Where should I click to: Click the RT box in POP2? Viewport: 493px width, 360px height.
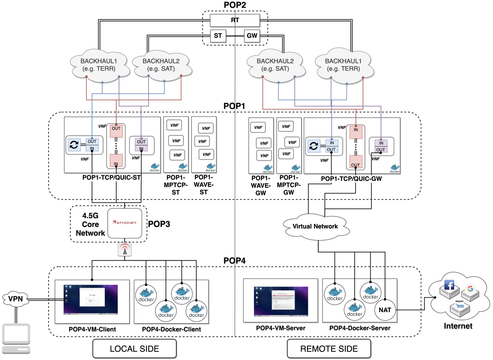pos(235,20)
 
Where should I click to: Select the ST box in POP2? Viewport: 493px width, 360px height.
pos(218,36)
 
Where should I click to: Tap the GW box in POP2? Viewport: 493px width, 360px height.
pos(252,36)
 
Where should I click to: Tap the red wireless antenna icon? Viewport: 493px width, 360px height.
pos(125,250)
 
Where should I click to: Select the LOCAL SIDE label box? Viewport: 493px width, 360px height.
pos(134,348)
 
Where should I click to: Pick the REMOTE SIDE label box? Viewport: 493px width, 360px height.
pos(329,348)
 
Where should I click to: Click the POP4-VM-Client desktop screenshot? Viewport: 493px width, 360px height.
pos(91,299)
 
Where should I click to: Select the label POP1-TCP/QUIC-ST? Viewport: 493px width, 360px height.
pos(110,177)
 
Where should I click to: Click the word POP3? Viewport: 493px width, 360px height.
pos(160,224)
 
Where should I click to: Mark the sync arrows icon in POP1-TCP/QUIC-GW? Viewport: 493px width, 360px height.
pos(313,146)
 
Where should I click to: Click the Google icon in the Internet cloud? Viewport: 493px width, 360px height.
pos(470,289)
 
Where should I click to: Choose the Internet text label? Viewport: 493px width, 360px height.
pos(458,326)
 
